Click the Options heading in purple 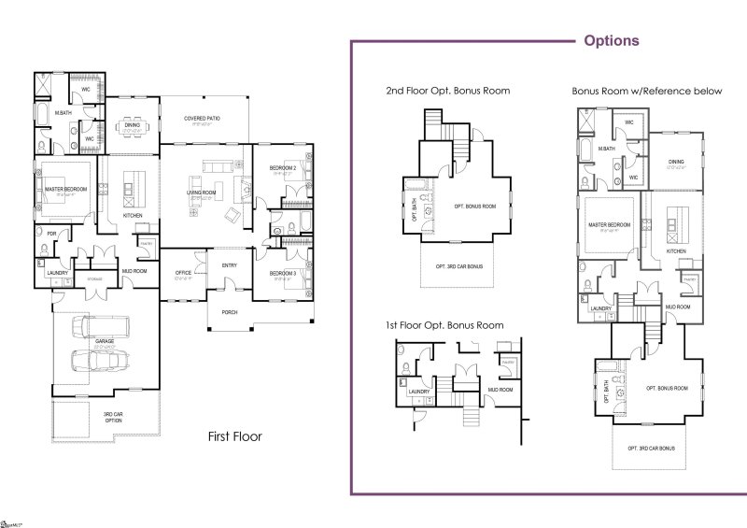coord(611,41)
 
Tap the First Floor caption coord(234,435)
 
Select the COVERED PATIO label coord(202,119)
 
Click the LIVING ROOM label coord(202,193)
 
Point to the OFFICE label coord(183,273)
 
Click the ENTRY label coord(230,264)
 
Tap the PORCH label coord(229,311)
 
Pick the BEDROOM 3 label coord(283,273)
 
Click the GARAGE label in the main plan coord(105,341)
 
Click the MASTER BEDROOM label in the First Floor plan coord(66,189)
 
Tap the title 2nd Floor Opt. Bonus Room coord(448,91)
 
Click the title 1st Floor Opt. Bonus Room coord(444,325)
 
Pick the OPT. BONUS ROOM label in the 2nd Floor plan coord(474,206)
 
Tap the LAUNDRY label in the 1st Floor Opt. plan coord(418,392)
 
